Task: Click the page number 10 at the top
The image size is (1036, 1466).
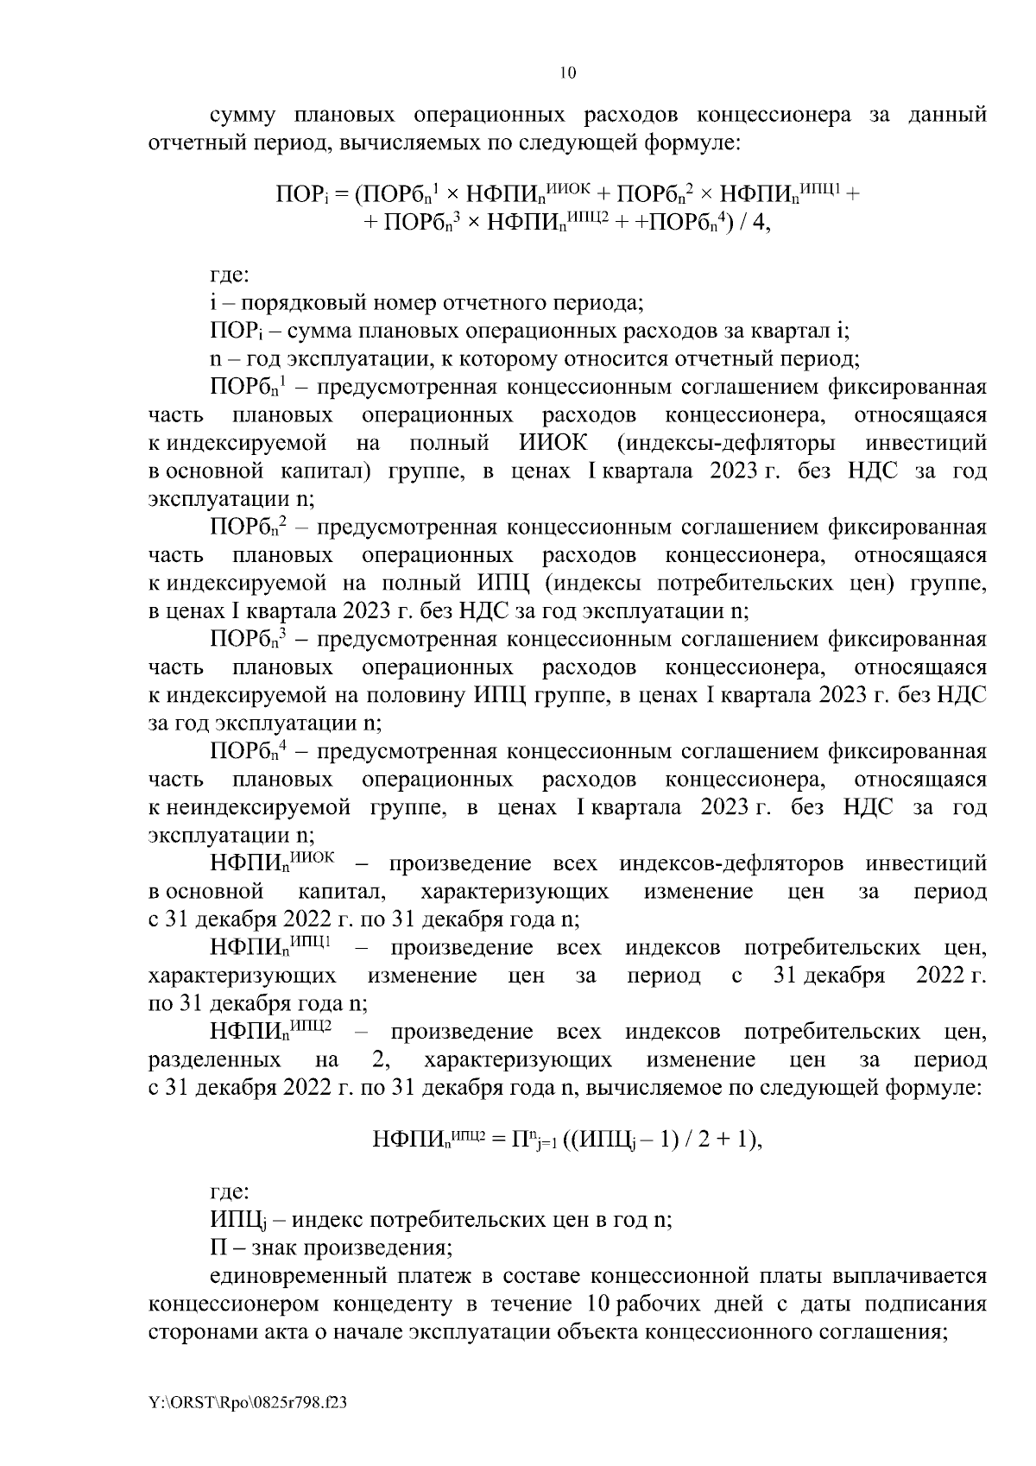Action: click(567, 73)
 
